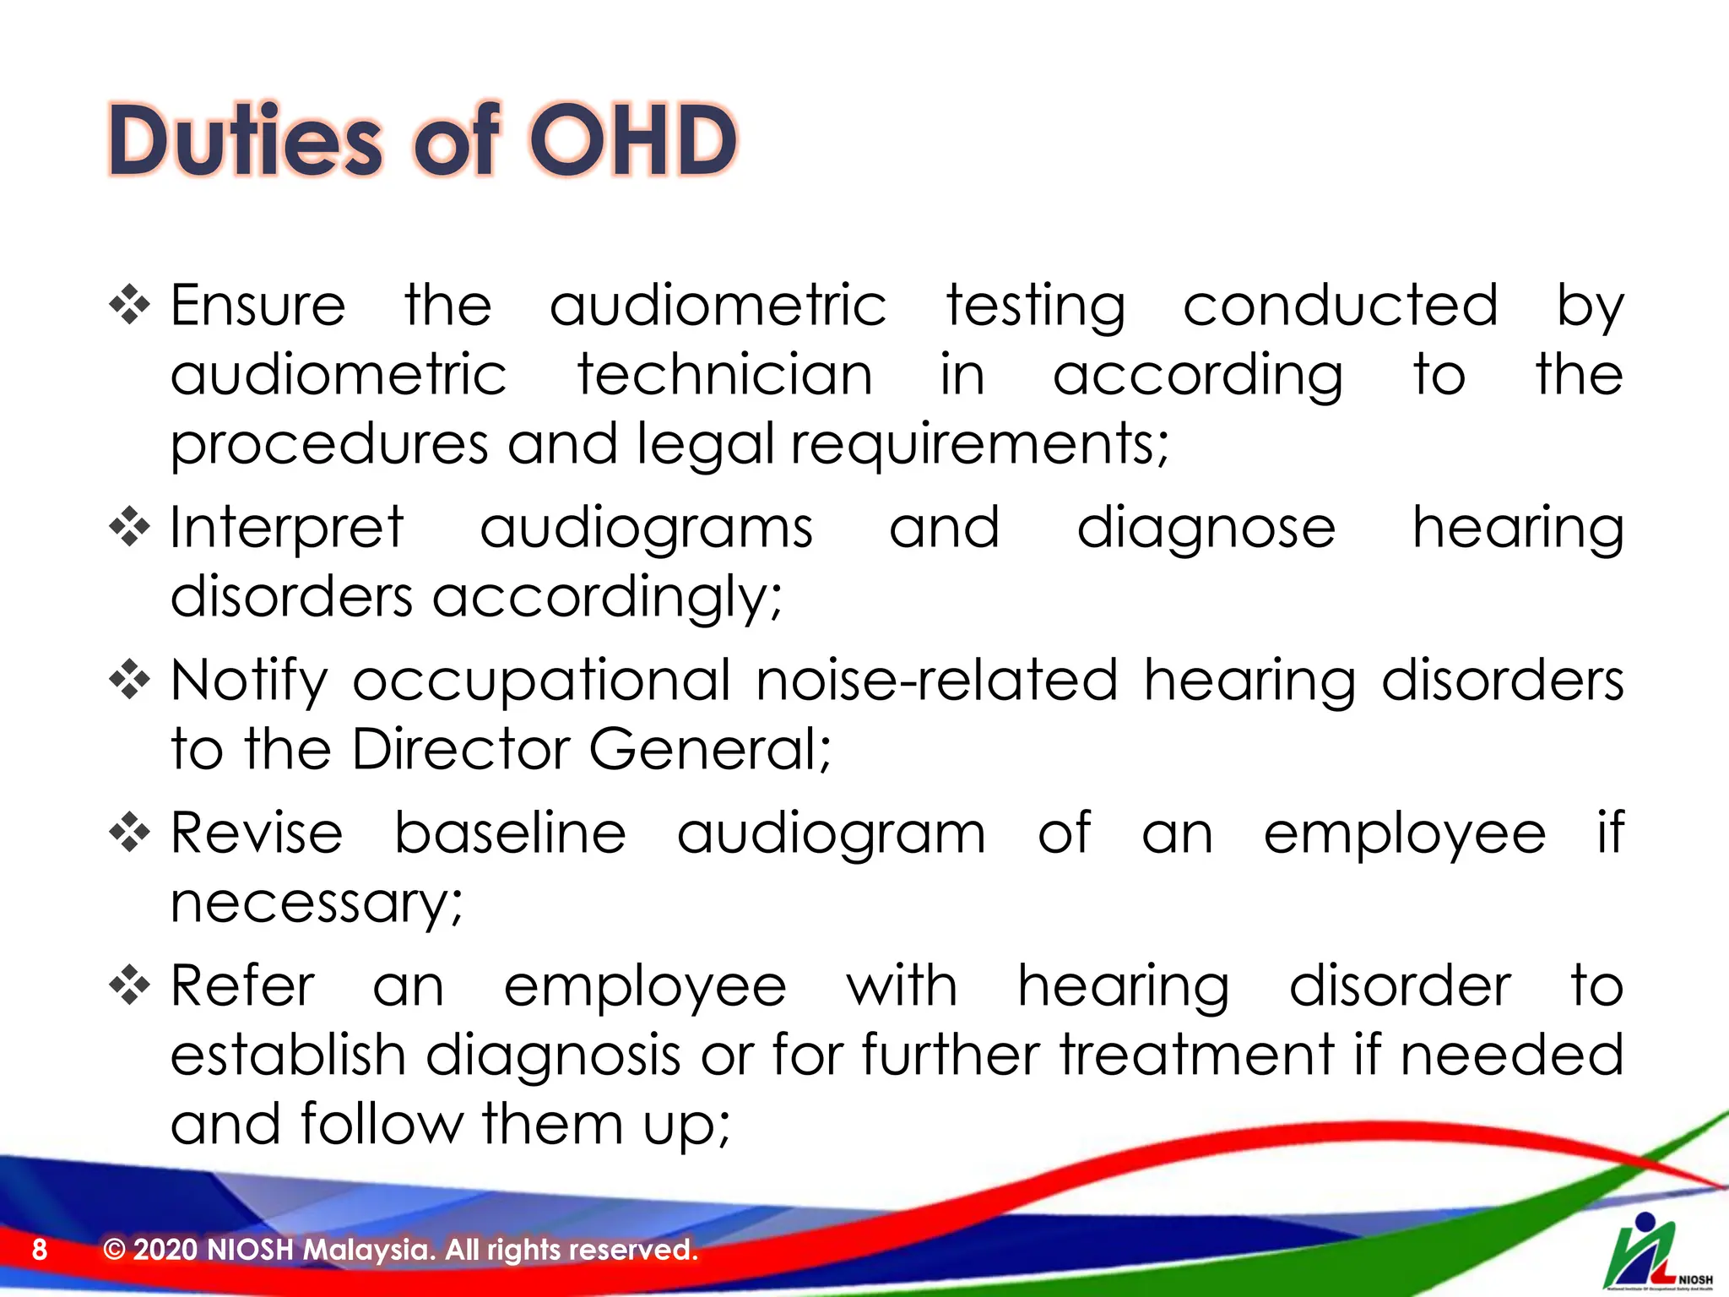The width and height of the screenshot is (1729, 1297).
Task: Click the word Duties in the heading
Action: [x=246, y=140]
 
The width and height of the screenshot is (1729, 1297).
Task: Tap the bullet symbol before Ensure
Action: [x=129, y=306]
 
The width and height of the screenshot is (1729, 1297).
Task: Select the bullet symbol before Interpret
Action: [x=129, y=528]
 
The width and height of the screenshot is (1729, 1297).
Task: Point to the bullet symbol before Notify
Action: [x=129, y=681]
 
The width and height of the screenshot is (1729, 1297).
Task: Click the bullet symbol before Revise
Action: [x=129, y=833]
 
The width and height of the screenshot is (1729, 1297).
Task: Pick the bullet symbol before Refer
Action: [x=129, y=985]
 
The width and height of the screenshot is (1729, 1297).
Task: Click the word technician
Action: [x=724, y=374]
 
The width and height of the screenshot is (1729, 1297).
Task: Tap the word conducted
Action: [x=1340, y=306]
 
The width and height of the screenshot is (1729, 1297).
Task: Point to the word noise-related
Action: [x=936, y=681]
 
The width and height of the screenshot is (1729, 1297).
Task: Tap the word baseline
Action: [x=510, y=833]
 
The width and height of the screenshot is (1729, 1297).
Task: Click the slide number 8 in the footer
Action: [x=40, y=1249]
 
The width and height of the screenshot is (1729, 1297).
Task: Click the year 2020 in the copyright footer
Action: [x=165, y=1249]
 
